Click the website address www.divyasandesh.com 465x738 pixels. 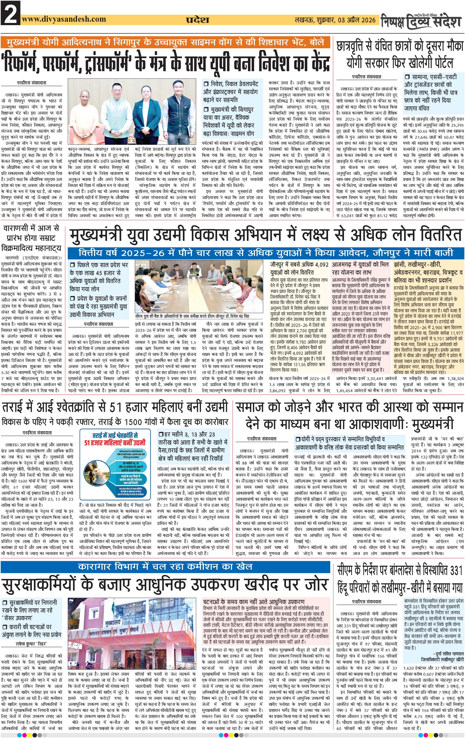click(64, 19)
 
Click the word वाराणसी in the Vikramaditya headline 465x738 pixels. click(16, 228)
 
